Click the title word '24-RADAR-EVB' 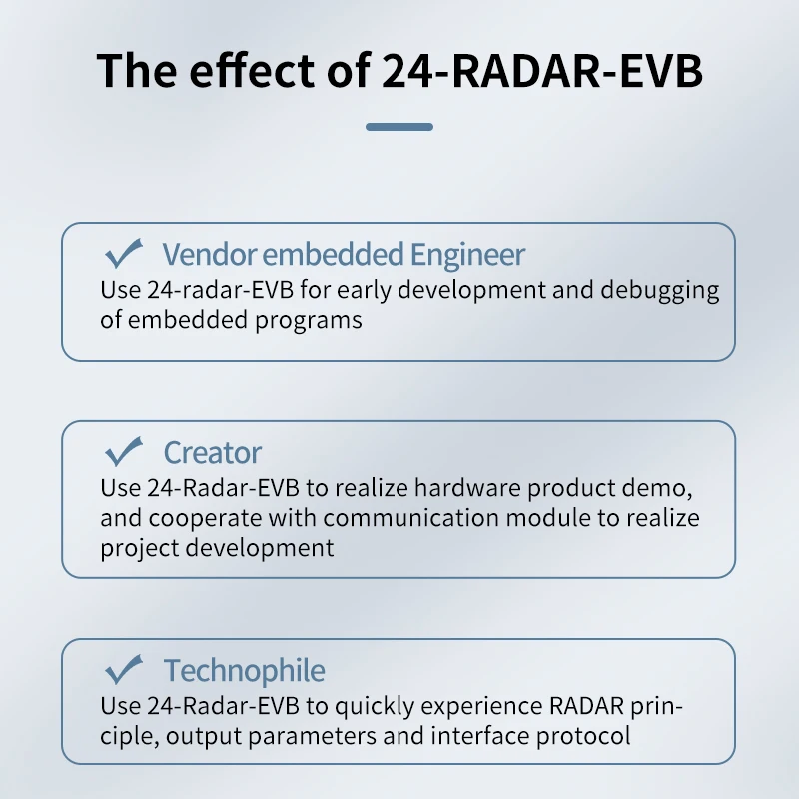tap(542, 70)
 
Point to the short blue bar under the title tap(399, 127)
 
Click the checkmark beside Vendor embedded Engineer tap(123, 253)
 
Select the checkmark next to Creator tap(123, 451)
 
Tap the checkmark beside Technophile tap(123, 669)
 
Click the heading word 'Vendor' tap(209, 254)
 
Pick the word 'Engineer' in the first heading tap(467, 255)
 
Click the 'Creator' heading tap(212, 452)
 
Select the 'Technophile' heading tap(244, 670)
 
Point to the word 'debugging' tap(660, 290)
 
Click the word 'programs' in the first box tap(309, 321)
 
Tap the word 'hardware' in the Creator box tap(467, 488)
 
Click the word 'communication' tap(410, 518)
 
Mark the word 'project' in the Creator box tap(139, 549)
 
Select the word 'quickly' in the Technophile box tap(375, 707)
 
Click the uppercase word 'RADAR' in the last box tap(586, 706)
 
